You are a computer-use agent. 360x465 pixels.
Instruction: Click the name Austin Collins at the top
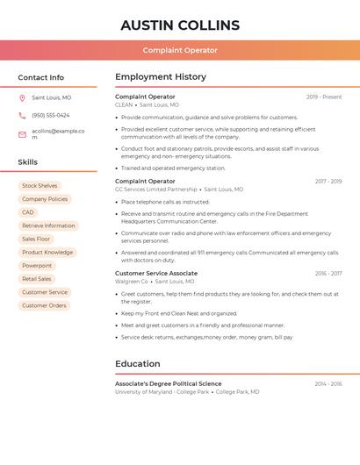(180, 25)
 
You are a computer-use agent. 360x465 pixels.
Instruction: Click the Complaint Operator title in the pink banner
(180, 50)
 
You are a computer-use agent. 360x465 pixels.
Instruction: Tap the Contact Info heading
(40, 77)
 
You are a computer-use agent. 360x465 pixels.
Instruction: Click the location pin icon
(22, 98)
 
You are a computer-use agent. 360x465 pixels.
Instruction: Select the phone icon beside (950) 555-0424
(22, 115)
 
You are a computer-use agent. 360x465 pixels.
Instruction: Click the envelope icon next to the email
(22, 133)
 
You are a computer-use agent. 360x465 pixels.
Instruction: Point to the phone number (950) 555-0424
(50, 115)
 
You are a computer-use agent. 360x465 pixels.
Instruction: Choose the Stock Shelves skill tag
(40, 186)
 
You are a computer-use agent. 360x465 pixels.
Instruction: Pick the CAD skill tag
(28, 212)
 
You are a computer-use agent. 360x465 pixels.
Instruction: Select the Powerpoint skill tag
(37, 265)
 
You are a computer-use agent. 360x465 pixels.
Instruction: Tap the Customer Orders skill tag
(44, 305)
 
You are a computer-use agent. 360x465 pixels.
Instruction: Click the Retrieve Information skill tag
(48, 225)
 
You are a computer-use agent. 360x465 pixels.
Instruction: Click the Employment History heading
(161, 77)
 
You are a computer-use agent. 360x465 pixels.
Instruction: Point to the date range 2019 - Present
(324, 97)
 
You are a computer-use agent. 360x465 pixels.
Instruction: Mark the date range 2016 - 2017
(328, 273)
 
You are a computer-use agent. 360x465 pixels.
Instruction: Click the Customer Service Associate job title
(156, 273)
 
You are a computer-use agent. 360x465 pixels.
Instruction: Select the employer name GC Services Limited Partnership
(156, 190)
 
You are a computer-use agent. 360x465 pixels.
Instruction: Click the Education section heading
(137, 363)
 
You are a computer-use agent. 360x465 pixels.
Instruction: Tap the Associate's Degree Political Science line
(168, 383)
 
